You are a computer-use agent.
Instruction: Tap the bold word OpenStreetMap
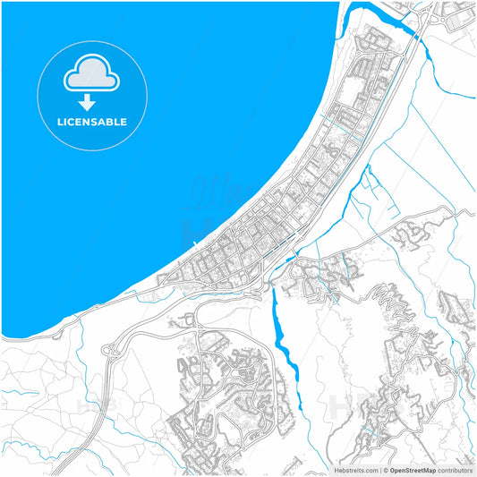(413, 470)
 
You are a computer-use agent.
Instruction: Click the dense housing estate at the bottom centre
(224, 394)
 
